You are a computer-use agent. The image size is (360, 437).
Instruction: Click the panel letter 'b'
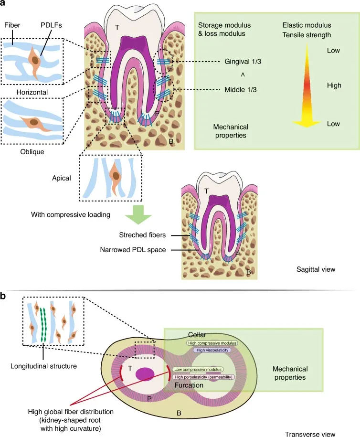(x=4, y=296)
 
